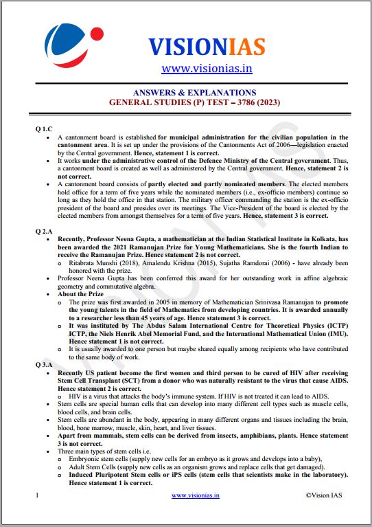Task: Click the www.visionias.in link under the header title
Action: coord(207,68)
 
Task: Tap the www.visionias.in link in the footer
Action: coord(196,495)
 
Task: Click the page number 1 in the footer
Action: coord(37,495)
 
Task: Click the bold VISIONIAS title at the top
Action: coord(207,47)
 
